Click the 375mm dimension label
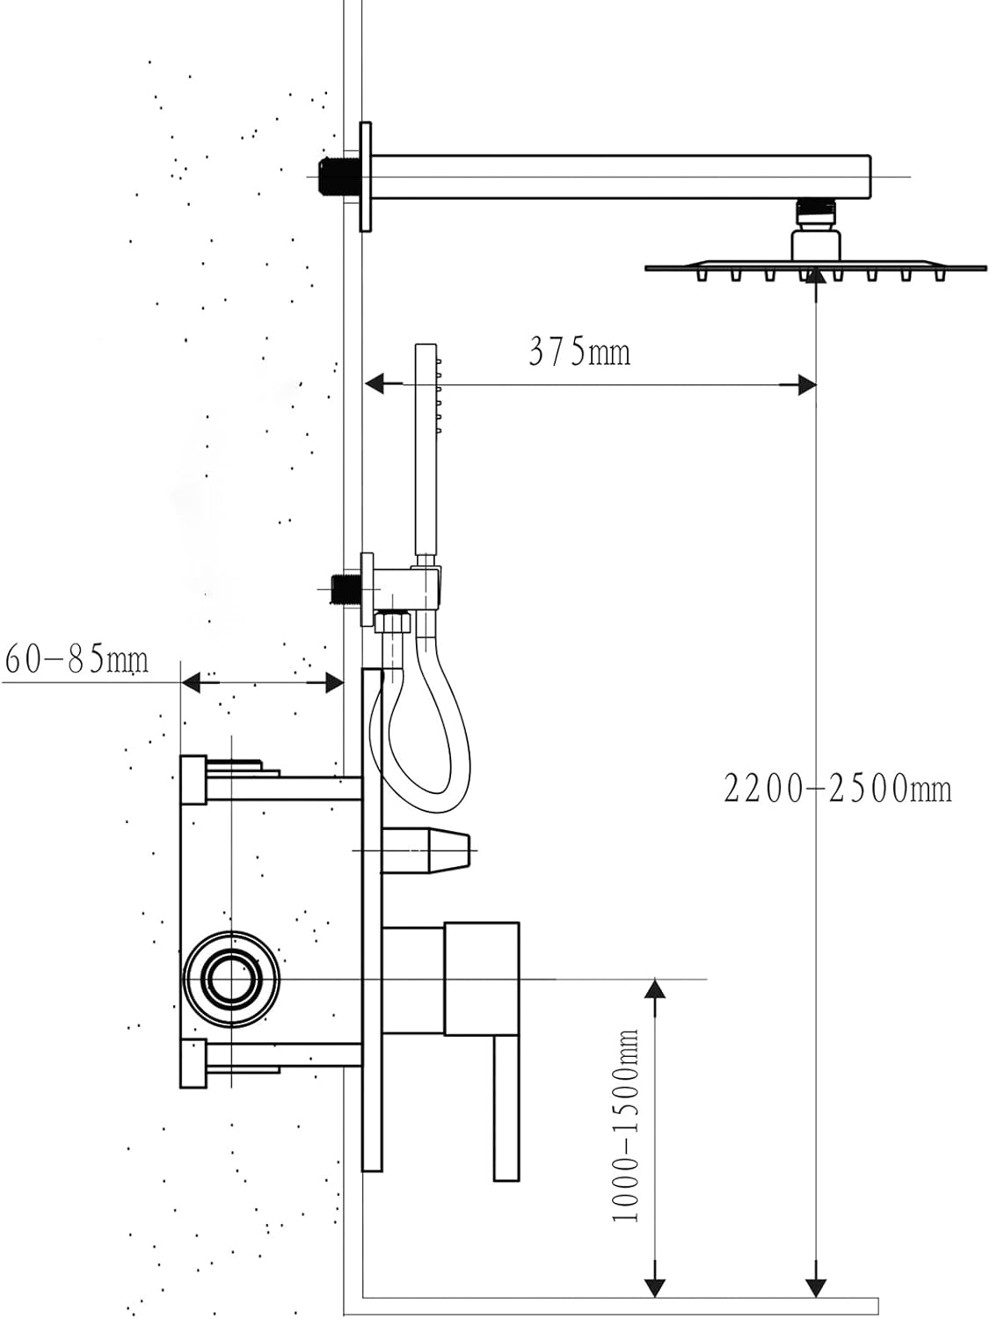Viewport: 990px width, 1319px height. point(579,353)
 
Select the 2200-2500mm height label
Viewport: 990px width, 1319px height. point(837,788)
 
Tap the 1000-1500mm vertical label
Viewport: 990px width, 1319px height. point(625,1126)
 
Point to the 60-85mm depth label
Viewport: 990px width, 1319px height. point(76,659)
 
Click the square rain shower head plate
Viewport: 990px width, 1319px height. point(815,266)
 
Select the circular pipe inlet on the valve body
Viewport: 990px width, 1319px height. point(232,978)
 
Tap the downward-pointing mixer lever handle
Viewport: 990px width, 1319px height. point(506,1108)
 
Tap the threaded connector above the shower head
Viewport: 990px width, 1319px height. point(816,214)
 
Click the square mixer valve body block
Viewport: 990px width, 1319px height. point(481,979)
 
